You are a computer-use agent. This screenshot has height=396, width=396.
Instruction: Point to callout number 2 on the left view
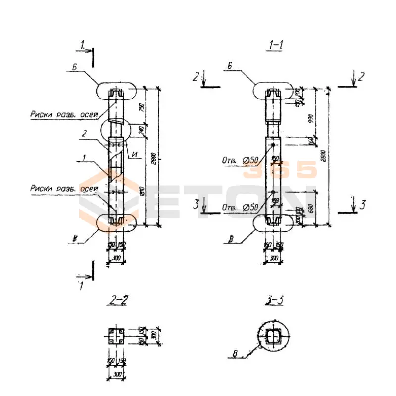tap(85, 133)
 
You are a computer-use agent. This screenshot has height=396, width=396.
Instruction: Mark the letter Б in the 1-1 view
tap(231, 65)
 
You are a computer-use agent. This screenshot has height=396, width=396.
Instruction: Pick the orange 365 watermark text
tap(279, 170)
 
